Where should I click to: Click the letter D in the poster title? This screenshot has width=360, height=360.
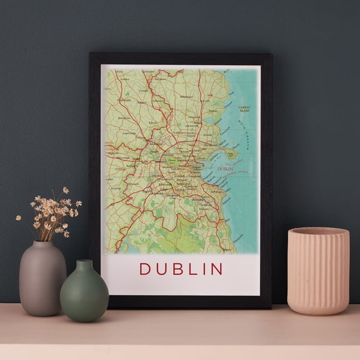pos(144,269)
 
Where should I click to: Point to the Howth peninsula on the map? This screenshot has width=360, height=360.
pos(232,154)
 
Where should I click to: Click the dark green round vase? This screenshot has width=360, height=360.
pos(84,294)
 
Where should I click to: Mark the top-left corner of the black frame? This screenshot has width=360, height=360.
pos(90,54)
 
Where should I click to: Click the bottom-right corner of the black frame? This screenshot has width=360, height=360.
pos(271,307)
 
